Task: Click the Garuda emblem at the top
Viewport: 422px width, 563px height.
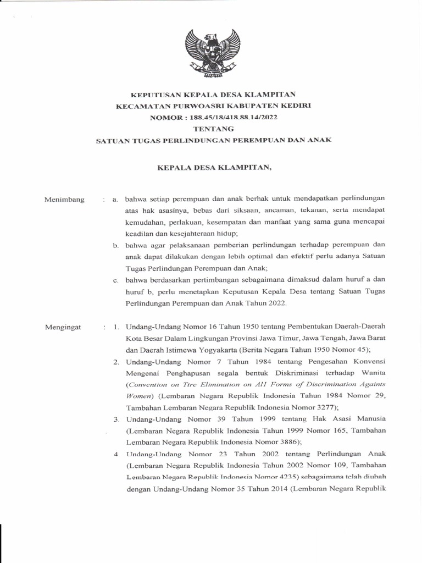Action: [x=212, y=54]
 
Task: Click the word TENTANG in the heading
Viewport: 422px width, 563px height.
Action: [x=212, y=129]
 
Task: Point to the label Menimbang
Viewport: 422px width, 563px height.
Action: [x=64, y=200]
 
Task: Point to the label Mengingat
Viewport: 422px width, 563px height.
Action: [x=63, y=327]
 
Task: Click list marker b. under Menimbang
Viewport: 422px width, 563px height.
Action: [x=116, y=245]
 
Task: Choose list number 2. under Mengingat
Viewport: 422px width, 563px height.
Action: [x=117, y=362]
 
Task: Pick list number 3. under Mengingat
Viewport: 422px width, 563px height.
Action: [x=117, y=420]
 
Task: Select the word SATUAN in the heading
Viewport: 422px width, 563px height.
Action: [x=112, y=140]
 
